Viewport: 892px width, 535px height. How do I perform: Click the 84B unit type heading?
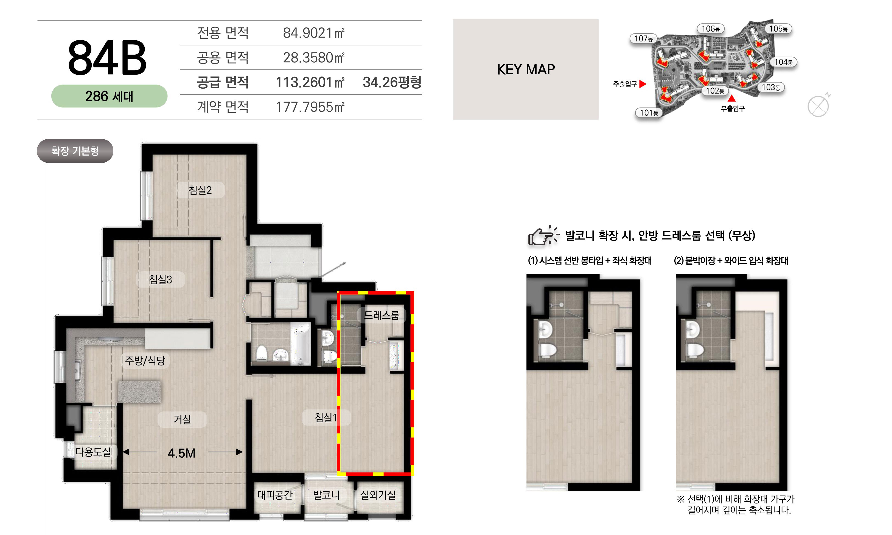tap(107, 58)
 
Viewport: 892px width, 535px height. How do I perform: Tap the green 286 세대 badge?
tap(109, 96)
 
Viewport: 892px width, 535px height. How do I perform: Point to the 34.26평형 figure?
tap(392, 82)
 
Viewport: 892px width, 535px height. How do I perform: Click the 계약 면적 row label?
tap(223, 107)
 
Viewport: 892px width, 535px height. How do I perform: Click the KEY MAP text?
tap(526, 69)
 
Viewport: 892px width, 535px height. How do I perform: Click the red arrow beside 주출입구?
tap(643, 84)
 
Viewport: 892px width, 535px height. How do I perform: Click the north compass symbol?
tap(818, 106)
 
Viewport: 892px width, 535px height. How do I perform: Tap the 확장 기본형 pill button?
tap(75, 151)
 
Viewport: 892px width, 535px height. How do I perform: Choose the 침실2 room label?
tap(200, 190)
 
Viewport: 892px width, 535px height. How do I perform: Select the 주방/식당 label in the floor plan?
tap(145, 360)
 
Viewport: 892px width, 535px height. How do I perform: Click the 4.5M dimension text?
tap(181, 453)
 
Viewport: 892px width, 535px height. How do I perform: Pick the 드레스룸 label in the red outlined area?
tap(382, 316)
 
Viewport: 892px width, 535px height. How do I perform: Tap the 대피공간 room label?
tap(275, 495)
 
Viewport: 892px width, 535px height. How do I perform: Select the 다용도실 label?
tap(93, 452)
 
